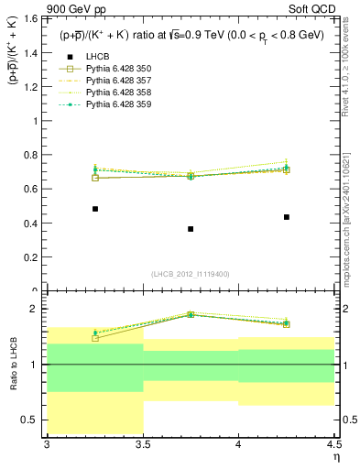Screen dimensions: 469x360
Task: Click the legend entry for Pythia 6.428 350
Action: pyautogui.click(x=114, y=68)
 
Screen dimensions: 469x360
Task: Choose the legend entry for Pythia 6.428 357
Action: pyautogui.click(x=114, y=80)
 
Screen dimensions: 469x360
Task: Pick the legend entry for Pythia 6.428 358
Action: pyautogui.click(x=114, y=92)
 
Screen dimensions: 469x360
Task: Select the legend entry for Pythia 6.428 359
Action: pyautogui.click(x=114, y=104)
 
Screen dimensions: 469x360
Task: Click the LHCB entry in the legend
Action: pyautogui.click(x=99, y=56)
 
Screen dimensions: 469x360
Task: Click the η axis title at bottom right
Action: pyautogui.click(x=335, y=457)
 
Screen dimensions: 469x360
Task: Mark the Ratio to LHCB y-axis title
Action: pyautogui.click(x=14, y=367)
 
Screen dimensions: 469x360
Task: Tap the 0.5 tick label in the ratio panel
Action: pyautogui.click(x=31, y=420)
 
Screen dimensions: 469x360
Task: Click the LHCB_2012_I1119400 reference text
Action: pyautogui.click(x=191, y=274)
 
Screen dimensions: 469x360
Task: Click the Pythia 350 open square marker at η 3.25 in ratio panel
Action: pyautogui.click(x=95, y=338)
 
